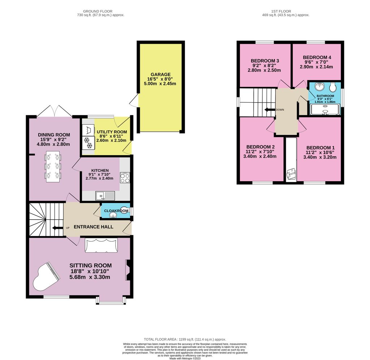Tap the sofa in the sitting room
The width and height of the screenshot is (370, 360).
point(101,245)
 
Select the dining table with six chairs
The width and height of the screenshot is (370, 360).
point(53,166)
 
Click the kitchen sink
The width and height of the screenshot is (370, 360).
point(105,196)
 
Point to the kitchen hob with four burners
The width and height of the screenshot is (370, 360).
point(125,178)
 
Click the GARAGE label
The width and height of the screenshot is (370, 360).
point(160,75)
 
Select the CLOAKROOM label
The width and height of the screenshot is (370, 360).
point(116,211)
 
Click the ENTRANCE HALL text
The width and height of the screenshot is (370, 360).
point(94,227)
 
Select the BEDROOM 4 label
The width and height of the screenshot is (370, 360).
point(317,57)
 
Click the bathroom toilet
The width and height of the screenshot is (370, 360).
point(333,87)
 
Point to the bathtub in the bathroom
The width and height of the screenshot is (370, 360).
point(325,109)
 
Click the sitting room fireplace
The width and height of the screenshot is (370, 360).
point(128,270)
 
